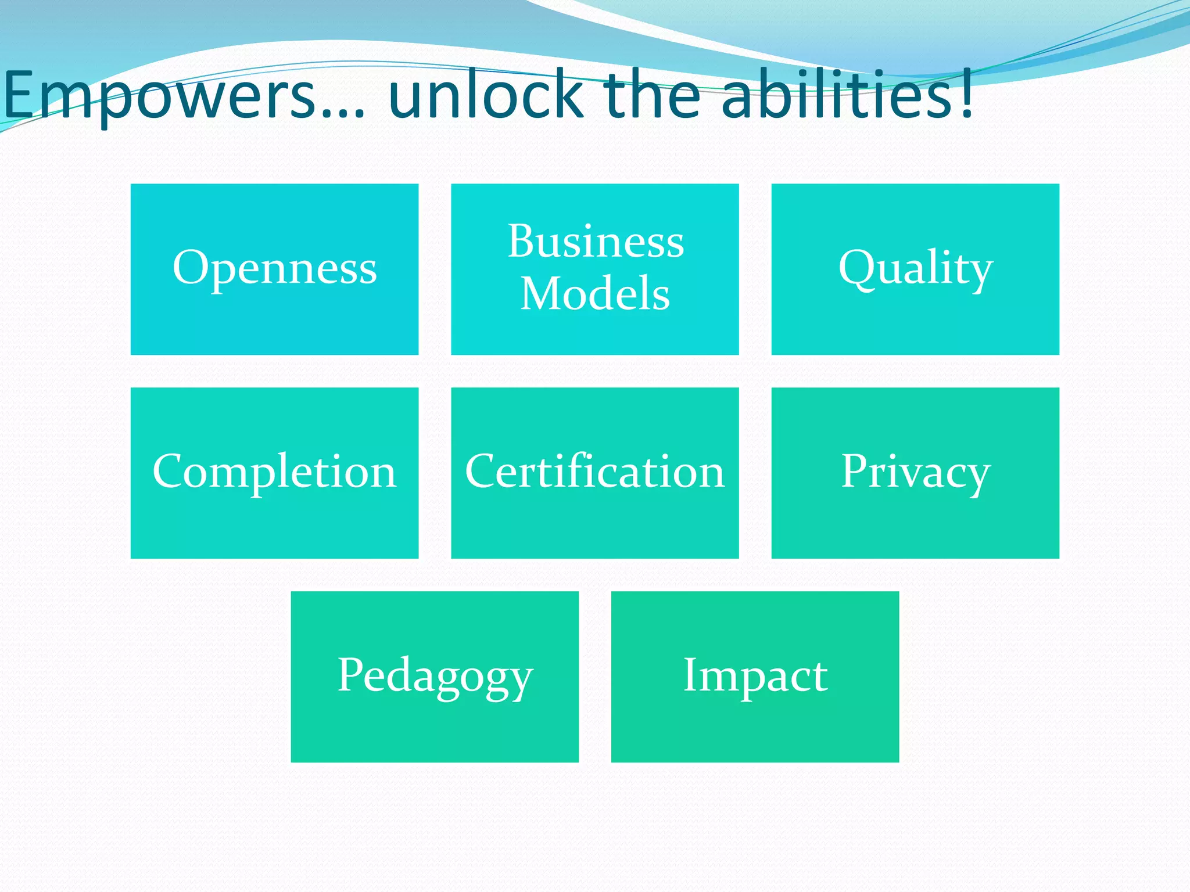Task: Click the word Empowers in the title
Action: (x=160, y=96)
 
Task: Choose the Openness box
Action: (x=274, y=269)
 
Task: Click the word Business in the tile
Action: (x=596, y=241)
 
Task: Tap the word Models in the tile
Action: (x=595, y=293)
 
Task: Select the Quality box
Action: (x=915, y=269)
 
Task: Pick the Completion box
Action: (x=274, y=473)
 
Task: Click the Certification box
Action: (x=595, y=473)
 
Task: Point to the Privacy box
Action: (x=915, y=473)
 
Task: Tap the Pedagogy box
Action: (x=435, y=677)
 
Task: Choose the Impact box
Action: (x=755, y=677)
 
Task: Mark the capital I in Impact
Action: (x=690, y=675)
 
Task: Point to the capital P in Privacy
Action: (x=855, y=471)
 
